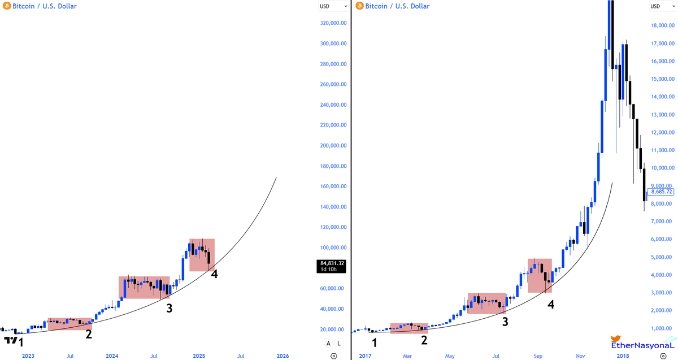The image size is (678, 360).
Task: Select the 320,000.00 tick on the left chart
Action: coord(333,23)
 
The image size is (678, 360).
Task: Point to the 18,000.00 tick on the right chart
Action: coord(662,25)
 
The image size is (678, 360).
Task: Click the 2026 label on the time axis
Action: coord(282,355)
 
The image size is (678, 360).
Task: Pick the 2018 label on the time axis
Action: coord(623,355)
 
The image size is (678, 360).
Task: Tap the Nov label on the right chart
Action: coord(580,355)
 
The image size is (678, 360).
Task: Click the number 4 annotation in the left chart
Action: coord(214,274)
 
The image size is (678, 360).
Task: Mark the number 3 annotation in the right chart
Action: coord(505,322)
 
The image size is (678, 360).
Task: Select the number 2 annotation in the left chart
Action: coord(89,333)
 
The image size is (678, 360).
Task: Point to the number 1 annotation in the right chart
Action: coord(374,342)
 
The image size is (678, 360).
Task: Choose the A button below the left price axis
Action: coord(328,343)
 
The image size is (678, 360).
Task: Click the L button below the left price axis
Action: coord(339,343)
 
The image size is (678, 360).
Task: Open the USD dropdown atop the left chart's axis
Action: coord(333,6)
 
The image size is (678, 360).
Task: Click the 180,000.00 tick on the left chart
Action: coord(333,166)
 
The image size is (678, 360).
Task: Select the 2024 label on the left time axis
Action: coord(112,355)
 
